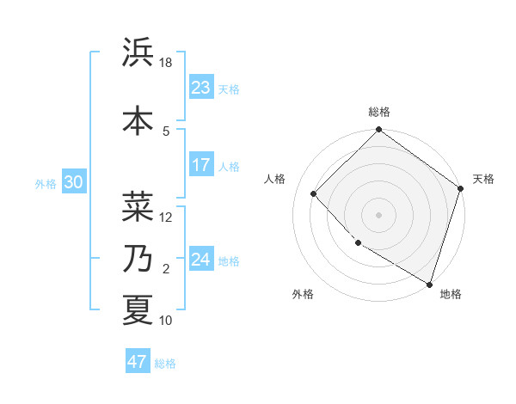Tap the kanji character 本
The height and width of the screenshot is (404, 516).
(x=138, y=120)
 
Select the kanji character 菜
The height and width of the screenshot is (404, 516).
(x=138, y=205)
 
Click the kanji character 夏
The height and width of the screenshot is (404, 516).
(x=138, y=309)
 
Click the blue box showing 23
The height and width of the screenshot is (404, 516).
(x=201, y=88)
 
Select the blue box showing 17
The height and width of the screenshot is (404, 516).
(x=201, y=165)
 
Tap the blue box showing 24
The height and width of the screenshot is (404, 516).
(x=201, y=260)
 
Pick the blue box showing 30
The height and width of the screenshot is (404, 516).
(x=73, y=182)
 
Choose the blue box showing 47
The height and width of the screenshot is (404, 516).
(x=138, y=362)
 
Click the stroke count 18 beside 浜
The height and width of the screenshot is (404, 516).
(x=166, y=63)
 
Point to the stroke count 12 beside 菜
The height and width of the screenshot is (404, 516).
(x=166, y=217)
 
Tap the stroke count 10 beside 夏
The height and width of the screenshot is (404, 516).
(x=166, y=321)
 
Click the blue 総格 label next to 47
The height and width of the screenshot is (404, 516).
(x=165, y=364)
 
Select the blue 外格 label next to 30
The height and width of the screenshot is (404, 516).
(x=46, y=183)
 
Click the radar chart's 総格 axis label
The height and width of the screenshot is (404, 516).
(x=379, y=112)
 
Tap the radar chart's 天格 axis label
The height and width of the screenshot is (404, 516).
(x=483, y=179)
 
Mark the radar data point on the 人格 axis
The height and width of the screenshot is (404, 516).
(x=314, y=193)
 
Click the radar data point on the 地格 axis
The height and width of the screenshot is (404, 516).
(x=428, y=283)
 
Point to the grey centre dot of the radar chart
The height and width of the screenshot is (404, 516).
(x=379, y=214)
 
